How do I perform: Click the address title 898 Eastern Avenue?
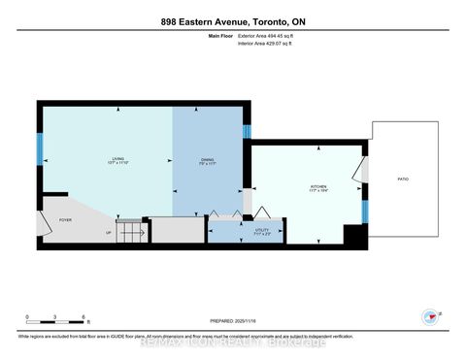[233, 20]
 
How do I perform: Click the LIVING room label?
[117, 161]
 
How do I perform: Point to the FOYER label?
[66, 219]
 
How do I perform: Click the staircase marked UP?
[132, 233]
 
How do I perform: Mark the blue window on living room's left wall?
[40, 150]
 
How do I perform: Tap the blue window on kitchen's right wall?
[364, 210]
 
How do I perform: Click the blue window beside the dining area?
[247, 131]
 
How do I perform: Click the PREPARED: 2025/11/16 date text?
[233, 322]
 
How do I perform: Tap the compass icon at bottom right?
[428, 316]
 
